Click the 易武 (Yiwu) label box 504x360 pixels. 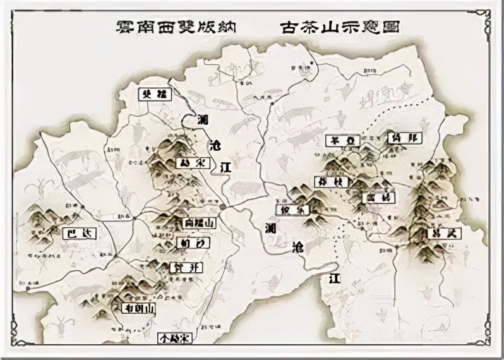tap(444, 233)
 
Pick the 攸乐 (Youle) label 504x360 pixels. tap(293, 209)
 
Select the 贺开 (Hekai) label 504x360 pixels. tap(188, 267)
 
